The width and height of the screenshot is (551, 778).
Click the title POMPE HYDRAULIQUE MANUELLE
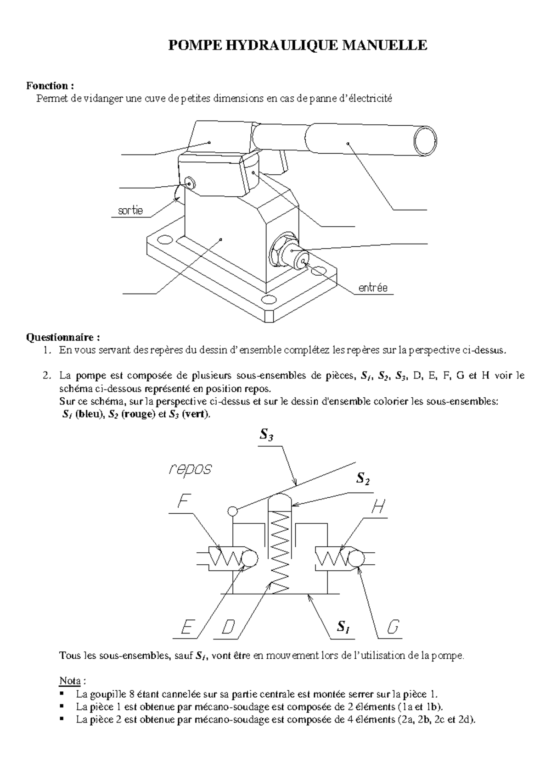[x=298, y=45]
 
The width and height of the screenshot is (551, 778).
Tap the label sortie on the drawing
[x=130, y=211]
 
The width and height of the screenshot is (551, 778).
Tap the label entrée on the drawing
[x=373, y=288]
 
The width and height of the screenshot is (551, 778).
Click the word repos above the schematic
[x=190, y=469]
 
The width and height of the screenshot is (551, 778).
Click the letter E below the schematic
[x=186, y=627]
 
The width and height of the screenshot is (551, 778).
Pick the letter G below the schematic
[x=393, y=627]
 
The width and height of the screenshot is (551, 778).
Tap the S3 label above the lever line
[x=266, y=434]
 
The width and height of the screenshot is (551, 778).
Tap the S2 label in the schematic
[x=363, y=479]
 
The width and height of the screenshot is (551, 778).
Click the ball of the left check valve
[x=249, y=559]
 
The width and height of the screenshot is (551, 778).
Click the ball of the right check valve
[x=356, y=559]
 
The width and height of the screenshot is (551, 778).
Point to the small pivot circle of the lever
[x=232, y=511]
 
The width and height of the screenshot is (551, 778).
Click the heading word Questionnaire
[x=62, y=338]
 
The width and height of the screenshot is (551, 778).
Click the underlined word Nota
[x=70, y=680]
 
